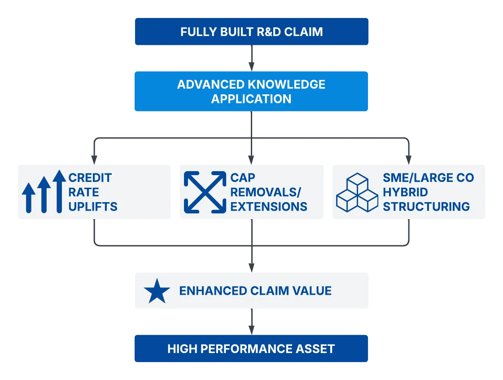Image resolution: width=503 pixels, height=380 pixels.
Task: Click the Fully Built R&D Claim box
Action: click(251, 31)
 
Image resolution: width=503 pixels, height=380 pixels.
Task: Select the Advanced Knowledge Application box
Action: click(251, 91)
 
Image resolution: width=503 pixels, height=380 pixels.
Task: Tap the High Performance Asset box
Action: click(251, 349)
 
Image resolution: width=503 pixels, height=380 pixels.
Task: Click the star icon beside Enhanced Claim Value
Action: click(157, 291)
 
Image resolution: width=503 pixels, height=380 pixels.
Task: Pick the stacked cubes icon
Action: click(357, 192)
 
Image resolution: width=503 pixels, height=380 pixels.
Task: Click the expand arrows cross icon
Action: click(205, 192)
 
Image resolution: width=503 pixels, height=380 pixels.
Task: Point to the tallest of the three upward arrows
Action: click(59, 191)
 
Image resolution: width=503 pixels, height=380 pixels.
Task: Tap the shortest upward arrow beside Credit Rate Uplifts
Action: click(29, 198)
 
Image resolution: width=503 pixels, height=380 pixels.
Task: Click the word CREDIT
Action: click(90, 177)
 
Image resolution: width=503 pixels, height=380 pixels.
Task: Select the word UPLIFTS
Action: click(93, 207)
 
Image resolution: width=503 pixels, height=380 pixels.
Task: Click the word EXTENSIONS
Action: click(269, 207)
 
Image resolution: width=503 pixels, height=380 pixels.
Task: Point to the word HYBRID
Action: click(406, 192)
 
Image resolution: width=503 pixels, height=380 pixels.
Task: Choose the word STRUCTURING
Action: click(426, 207)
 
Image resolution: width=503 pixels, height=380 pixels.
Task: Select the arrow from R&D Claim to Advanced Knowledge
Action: click(251, 58)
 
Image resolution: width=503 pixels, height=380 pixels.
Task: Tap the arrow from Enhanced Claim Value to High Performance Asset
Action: click(251, 322)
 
